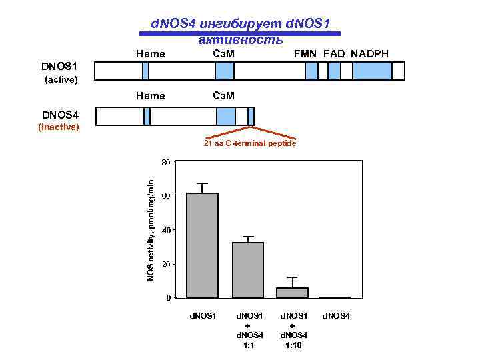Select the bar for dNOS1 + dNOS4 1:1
[x=247, y=269]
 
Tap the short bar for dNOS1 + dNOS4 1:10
[x=292, y=292]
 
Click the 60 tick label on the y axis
[x=166, y=195]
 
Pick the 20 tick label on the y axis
[x=166, y=265]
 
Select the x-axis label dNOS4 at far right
[x=337, y=315]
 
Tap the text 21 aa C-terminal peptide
[x=250, y=144]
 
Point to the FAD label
[x=335, y=53]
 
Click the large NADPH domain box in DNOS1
[x=372, y=71]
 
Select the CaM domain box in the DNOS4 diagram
[x=226, y=117]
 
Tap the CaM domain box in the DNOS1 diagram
[x=225, y=71]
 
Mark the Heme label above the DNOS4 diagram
[x=150, y=96]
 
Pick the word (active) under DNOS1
[x=61, y=80]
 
